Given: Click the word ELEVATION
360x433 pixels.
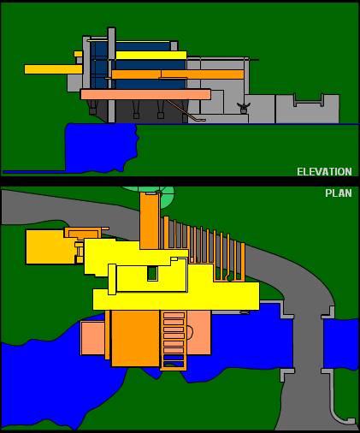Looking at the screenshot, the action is [324, 172].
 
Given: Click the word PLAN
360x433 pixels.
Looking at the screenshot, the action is [339, 193].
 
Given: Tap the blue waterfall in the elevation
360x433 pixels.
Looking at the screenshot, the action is [101, 147].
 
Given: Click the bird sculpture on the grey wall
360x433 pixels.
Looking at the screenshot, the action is [244, 108].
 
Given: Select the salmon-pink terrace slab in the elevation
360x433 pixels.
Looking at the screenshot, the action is [145, 94].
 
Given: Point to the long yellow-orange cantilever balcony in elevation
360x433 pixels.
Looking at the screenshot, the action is [53, 69].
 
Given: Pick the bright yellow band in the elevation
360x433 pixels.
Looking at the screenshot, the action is [151, 56].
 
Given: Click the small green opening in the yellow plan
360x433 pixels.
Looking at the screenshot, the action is [152, 273].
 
